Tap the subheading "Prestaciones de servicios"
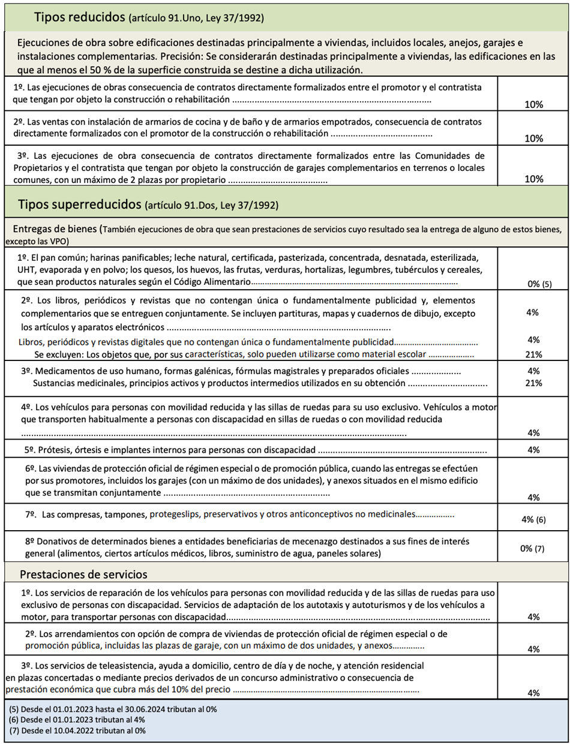coord(83,574)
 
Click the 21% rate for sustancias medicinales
coord(533,383)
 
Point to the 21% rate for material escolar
coord(533,354)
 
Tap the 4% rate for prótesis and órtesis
coord(533,450)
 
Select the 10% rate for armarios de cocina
coord(533,138)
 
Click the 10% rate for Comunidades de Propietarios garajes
coord(533,179)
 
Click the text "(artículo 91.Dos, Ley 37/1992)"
coord(211,206)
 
